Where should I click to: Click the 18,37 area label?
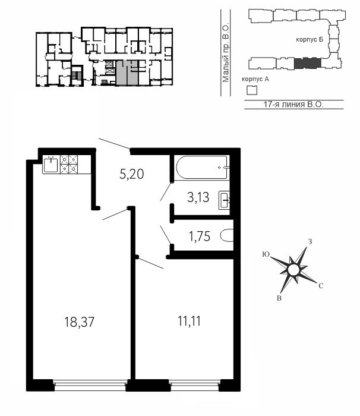tap(80, 322)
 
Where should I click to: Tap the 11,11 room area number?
tap(189, 322)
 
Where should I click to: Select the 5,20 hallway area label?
tap(132, 174)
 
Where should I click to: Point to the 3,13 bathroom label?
tap(198, 198)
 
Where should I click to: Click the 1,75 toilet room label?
tap(200, 236)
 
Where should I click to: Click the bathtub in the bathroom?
tap(202, 167)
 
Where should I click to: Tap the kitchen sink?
tap(50, 165)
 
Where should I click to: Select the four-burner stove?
tap(69, 165)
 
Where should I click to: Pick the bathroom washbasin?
tap(225, 200)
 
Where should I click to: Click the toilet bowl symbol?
tap(227, 235)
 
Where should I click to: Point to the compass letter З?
tap(310, 242)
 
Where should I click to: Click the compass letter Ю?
tap(266, 254)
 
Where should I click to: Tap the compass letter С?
tap(321, 286)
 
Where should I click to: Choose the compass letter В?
tap(279, 298)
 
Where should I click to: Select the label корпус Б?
tap(310, 40)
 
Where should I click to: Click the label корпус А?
tap(255, 79)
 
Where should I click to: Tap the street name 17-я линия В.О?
tap(293, 104)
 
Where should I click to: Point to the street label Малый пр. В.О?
tap(226, 53)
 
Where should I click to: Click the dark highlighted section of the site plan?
tap(308, 63)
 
